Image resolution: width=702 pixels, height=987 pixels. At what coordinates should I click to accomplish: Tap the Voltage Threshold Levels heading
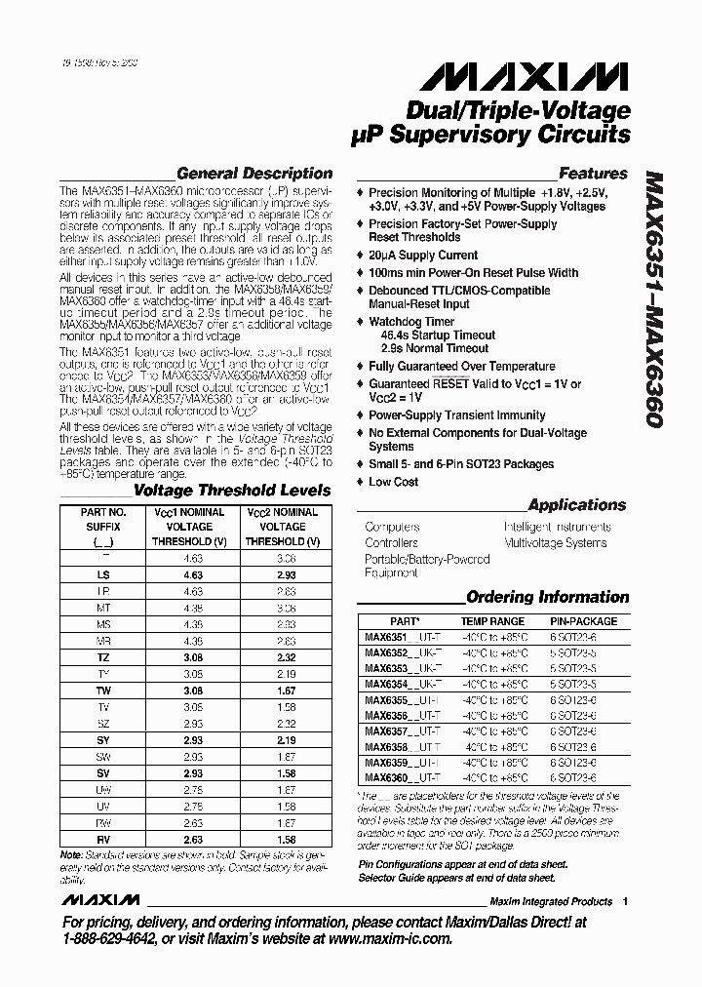tap(232, 491)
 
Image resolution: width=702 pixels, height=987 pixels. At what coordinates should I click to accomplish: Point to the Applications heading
tap(576, 505)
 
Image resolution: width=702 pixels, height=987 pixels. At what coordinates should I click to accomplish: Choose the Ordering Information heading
tap(547, 597)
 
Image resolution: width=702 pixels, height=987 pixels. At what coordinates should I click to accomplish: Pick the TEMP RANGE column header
tap(492, 621)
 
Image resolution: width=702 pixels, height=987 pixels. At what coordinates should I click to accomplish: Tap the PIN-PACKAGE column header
tap(584, 621)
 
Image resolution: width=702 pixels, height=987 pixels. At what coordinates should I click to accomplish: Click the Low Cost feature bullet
tap(394, 482)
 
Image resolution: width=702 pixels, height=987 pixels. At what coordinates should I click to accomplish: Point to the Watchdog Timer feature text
tap(411, 321)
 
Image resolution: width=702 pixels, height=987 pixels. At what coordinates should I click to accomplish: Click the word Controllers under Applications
tap(392, 543)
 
